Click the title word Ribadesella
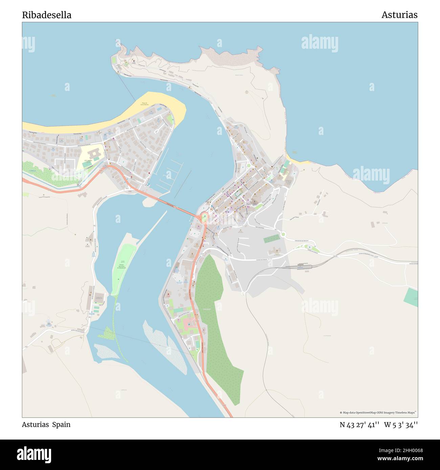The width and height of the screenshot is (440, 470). pyautogui.click(x=47, y=15)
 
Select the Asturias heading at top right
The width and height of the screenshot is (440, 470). pyautogui.click(x=399, y=15)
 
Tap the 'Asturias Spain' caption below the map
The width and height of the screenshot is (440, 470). pyautogui.click(x=46, y=424)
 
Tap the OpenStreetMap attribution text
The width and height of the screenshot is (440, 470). pyautogui.click(x=378, y=413)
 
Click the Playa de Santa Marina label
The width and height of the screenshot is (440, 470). pyautogui.click(x=145, y=104)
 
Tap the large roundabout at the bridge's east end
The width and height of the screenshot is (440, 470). pyautogui.click(x=204, y=217)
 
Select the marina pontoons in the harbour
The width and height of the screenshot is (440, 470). pyautogui.click(x=171, y=174)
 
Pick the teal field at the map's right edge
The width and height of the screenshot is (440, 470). pyautogui.click(x=411, y=298)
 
